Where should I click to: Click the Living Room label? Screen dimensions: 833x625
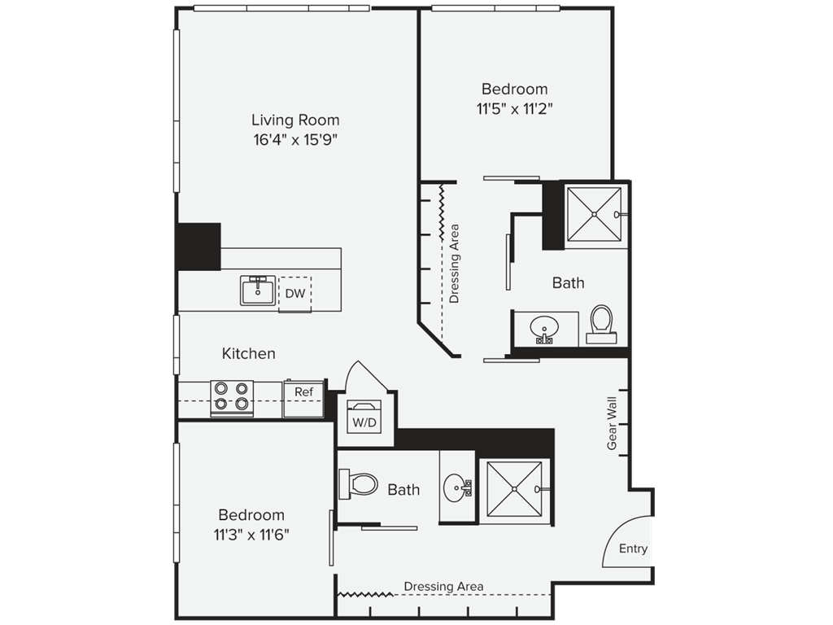(295, 120)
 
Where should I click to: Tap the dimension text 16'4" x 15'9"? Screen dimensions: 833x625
(295, 140)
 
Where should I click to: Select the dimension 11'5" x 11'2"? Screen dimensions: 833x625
(514, 109)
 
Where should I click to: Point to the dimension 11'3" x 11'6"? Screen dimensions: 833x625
(251, 534)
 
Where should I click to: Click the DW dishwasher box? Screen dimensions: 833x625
(295, 293)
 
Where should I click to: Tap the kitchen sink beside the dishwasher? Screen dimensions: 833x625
(258, 291)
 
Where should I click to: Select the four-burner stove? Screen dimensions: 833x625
(232, 397)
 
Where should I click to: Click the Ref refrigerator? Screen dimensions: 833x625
(304, 397)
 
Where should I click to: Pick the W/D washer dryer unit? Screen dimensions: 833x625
(364, 417)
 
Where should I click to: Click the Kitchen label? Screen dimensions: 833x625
(249, 353)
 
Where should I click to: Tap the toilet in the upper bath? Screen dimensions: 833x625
(601, 324)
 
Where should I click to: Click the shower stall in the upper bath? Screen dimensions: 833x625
(594, 214)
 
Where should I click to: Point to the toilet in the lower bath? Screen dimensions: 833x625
(359, 484)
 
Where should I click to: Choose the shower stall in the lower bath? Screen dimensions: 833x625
(514, 488)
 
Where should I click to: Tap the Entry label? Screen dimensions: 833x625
(633, 549)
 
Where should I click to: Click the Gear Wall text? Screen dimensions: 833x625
(612, 423)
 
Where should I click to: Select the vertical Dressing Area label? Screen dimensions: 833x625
(454, 264)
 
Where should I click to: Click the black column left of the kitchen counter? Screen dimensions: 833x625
(198, 247)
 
